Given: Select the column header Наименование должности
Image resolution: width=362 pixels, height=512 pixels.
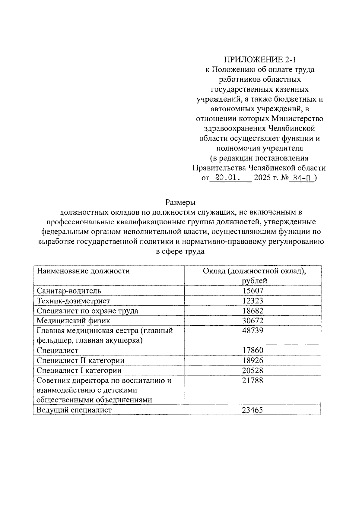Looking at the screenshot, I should pos(83,271).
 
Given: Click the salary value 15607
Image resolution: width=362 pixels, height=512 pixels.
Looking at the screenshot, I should pos(253,291).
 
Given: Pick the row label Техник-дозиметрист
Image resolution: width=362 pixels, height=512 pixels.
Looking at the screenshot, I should pos(74,301).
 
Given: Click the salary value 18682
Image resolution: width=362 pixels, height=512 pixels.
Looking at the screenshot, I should pos(253,311).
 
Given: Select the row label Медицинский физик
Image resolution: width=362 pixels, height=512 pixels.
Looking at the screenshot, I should pos(74,321).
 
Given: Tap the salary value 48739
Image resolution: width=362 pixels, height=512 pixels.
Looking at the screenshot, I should pos(253,330).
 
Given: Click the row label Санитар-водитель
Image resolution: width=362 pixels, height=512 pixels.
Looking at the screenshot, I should pos(69,291).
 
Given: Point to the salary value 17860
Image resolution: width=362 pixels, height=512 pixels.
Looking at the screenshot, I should pos(253,350).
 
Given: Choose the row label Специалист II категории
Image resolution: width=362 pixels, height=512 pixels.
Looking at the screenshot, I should pos(81,360).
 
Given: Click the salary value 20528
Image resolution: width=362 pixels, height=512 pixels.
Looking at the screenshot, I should pos(253,370).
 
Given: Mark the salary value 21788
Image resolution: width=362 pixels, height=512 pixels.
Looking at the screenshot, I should pos(253,380).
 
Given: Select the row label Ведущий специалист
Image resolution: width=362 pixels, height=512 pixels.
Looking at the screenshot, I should pos(74,410).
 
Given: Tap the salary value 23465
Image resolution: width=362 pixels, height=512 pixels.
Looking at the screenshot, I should pos(253,410).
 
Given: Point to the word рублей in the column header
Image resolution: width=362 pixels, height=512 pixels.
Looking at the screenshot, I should pos(255,281).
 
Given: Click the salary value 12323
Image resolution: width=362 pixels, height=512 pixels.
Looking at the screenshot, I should pos(253,301).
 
